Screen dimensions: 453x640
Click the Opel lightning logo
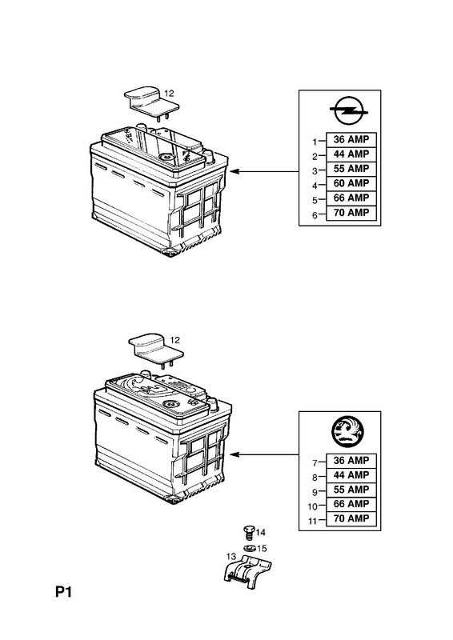pyautogui.click(x=347, y=110)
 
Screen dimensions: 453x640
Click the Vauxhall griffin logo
pyautogui.click(x=347, y=432)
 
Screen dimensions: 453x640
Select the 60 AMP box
pyautogui.click(x=351, y=184)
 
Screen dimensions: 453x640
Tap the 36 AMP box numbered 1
pyautogui.click(x=351, y=139)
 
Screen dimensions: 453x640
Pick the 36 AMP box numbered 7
pyautogui.click(x=351, y=461)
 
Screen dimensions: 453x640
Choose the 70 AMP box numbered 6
pyautogui.click(x=351, y=213)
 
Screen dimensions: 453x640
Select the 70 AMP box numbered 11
pyautogui.click(x=351, y=518)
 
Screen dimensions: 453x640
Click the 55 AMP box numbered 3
pyautogui.click(x=351, y=169)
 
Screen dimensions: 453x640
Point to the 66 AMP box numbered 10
pyautogui.click(x=351, y=505)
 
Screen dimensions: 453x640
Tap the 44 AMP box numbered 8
pyautogui.click(x=351, y=475)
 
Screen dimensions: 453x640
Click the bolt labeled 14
pyautogui.click(x=248, y=533)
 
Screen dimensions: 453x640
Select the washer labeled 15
pyautogui.click(x=250, y=549)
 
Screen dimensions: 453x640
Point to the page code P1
pyautogui.click(x=63, y=592)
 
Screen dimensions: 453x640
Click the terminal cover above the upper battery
pyautogui.click(x=151, y=102)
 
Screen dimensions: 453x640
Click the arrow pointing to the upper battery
pyautogui.click(x=265, y=171)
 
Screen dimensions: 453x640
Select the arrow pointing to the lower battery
pyautogui.click(x=265, y=454)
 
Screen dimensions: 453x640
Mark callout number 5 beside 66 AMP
pyautogui.click(x=315, y=201)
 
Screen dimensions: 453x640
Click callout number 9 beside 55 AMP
pyautogui.click(x=315, y=492)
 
